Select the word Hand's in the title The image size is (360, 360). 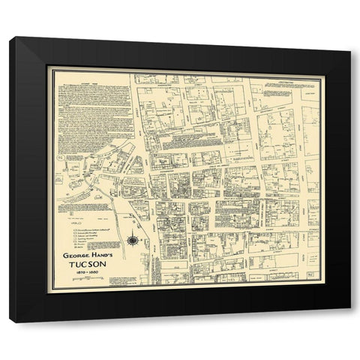[x=103, y=253]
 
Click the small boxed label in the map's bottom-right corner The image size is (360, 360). [x=311, y=275]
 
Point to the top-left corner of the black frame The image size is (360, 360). [x=10, y=37]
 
